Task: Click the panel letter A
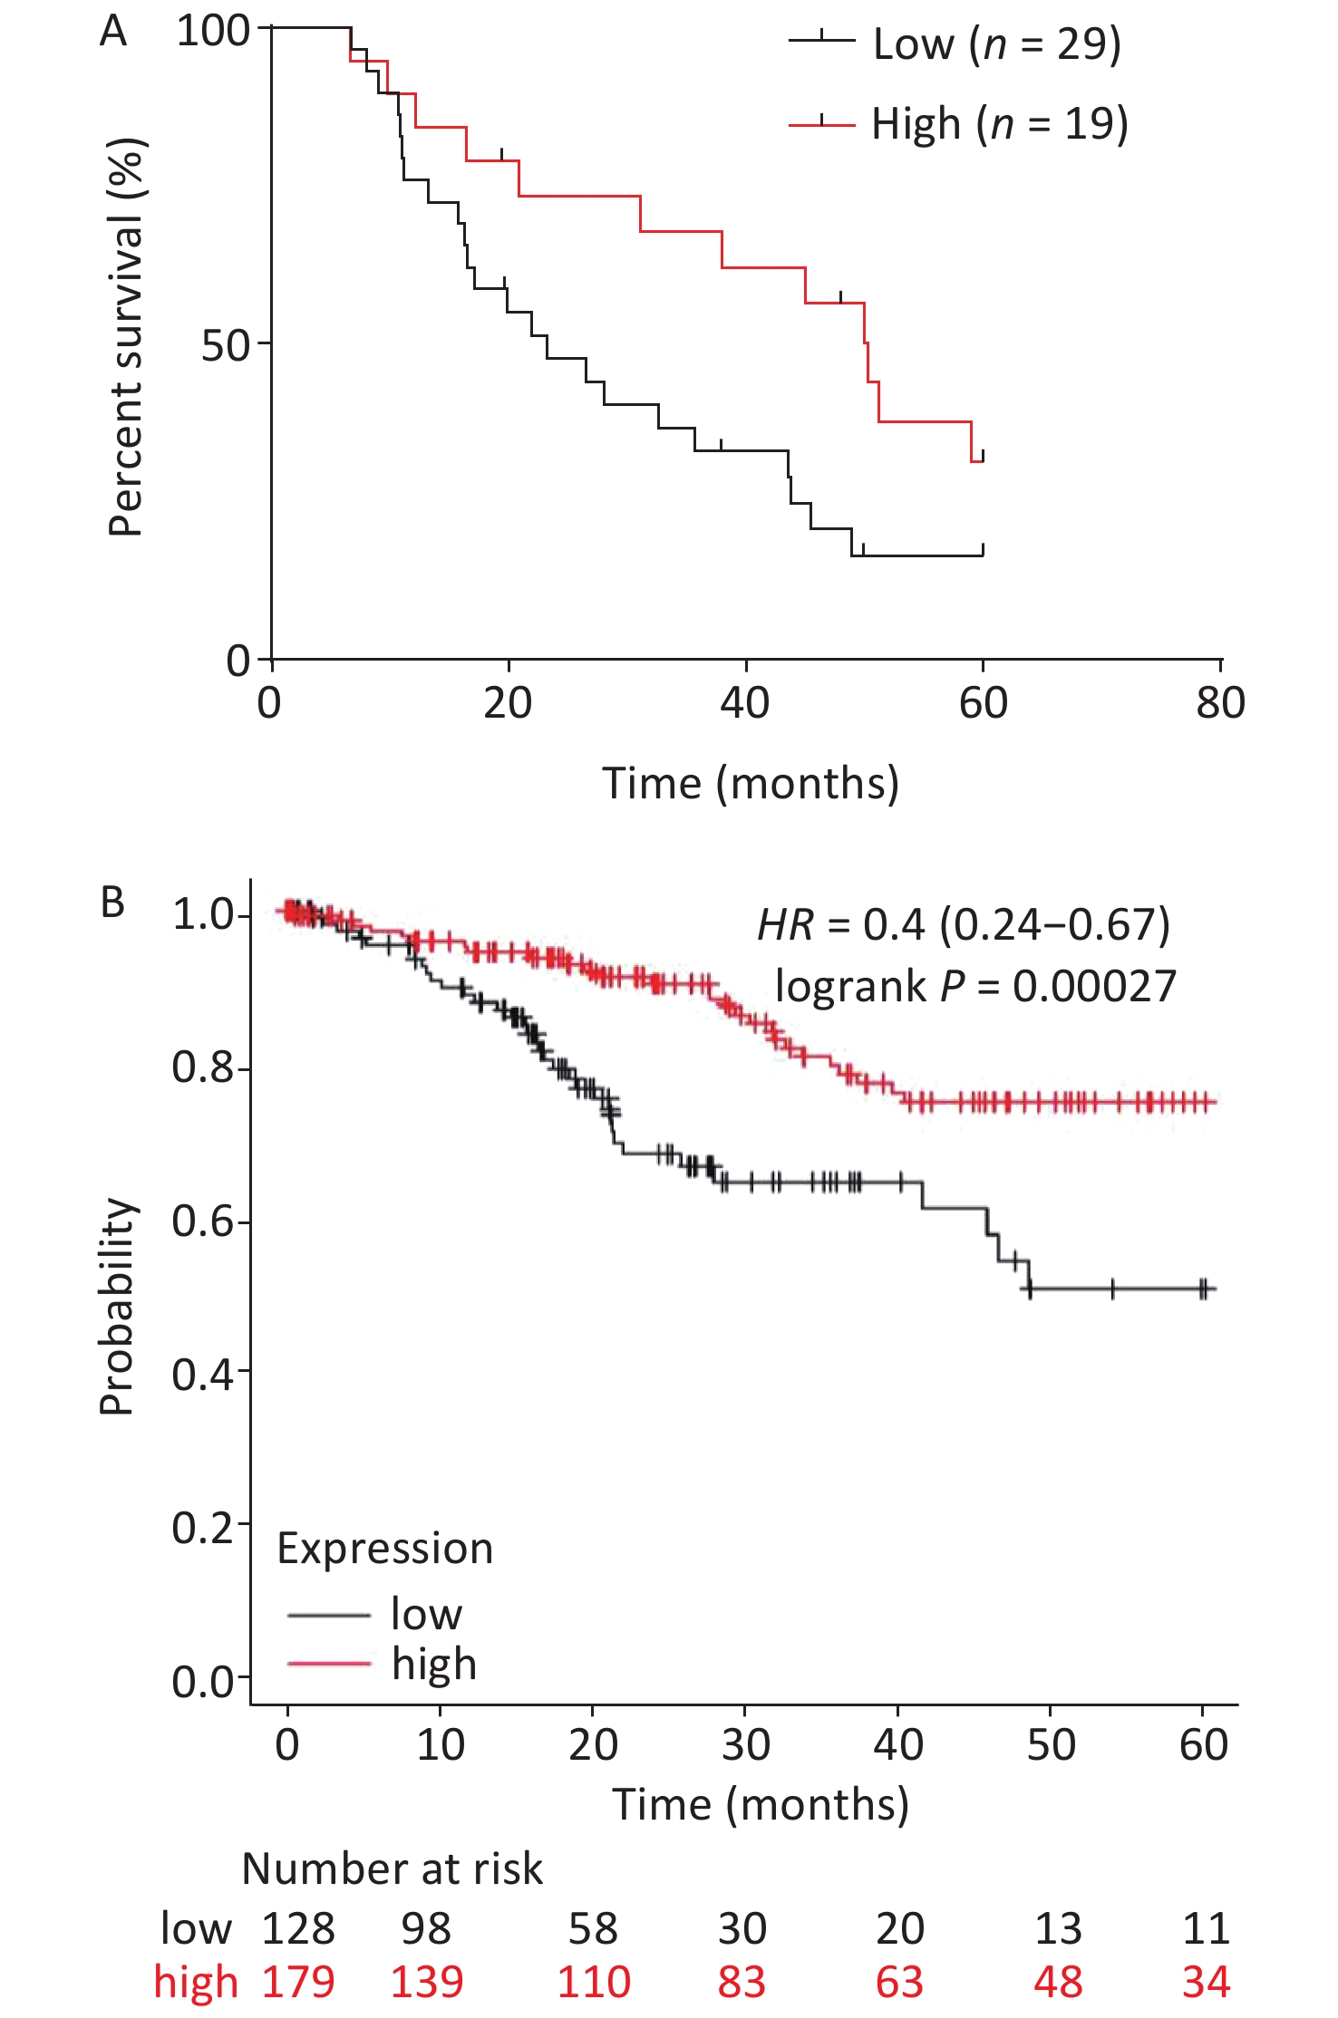tap(113, 32)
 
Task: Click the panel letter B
tap(112, 903)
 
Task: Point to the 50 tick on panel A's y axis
tap(225, 345)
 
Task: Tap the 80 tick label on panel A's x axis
tap(1220, 703)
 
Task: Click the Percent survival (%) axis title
tap(126, 337)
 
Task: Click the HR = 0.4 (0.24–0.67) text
tap(964, 924)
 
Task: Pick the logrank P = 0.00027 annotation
tap(975, 986)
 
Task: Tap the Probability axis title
tap(117, 1306)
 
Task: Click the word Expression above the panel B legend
tap(384, 1549)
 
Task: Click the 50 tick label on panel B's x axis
tap(1051, 1744)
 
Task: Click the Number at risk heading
tap(392, 1868)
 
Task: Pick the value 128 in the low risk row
tap(298, 1928)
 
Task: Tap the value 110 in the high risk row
tap(594, 1982)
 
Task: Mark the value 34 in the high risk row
tap(1206, 1982)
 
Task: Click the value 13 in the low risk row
tap(1058, 1928)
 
